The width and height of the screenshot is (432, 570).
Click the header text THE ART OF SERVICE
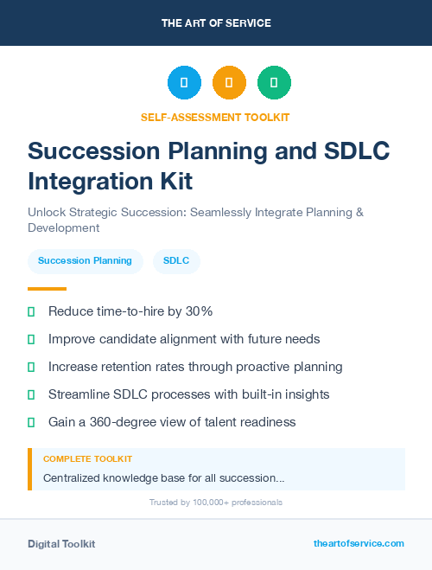(x=216, y=23)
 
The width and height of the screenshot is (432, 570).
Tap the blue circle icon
(x=184, y=83)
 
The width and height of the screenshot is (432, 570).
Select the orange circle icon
(x=229, y=83)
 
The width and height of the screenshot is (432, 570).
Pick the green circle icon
(x=274, y=83)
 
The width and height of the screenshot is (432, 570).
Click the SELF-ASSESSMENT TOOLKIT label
(x=216, y=117)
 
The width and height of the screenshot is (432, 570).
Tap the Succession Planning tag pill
(x=85, y=260)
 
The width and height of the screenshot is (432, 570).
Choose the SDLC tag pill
(x=176, y=260)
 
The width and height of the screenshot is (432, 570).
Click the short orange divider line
(x=47, y=289)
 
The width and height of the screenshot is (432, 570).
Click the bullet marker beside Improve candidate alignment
(x=31, y=339)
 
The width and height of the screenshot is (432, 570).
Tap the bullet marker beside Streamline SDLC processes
(x=31, y=394)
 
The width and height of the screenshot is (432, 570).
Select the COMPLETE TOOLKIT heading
(x=88, y=459)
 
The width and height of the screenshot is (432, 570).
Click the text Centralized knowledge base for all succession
(x=163, y=477)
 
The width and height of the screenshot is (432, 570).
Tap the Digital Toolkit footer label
(x=61, y=544)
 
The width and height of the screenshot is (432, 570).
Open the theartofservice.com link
(x=359, y=543)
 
